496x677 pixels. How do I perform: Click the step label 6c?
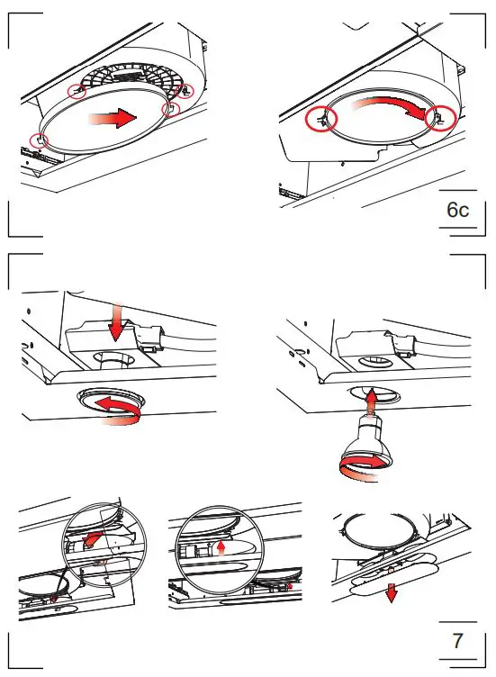pos(458,211)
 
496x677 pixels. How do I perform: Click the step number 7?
pos(458,642)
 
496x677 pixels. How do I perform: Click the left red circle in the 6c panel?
pos(320,119)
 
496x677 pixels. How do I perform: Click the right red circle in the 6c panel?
pos(440,117)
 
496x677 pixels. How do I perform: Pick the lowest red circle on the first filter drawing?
pos(38,140)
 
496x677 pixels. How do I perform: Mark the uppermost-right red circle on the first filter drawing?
pos(186,91)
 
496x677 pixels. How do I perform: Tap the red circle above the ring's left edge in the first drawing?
pos(77,92)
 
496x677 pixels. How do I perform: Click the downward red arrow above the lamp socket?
pos(114,321)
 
